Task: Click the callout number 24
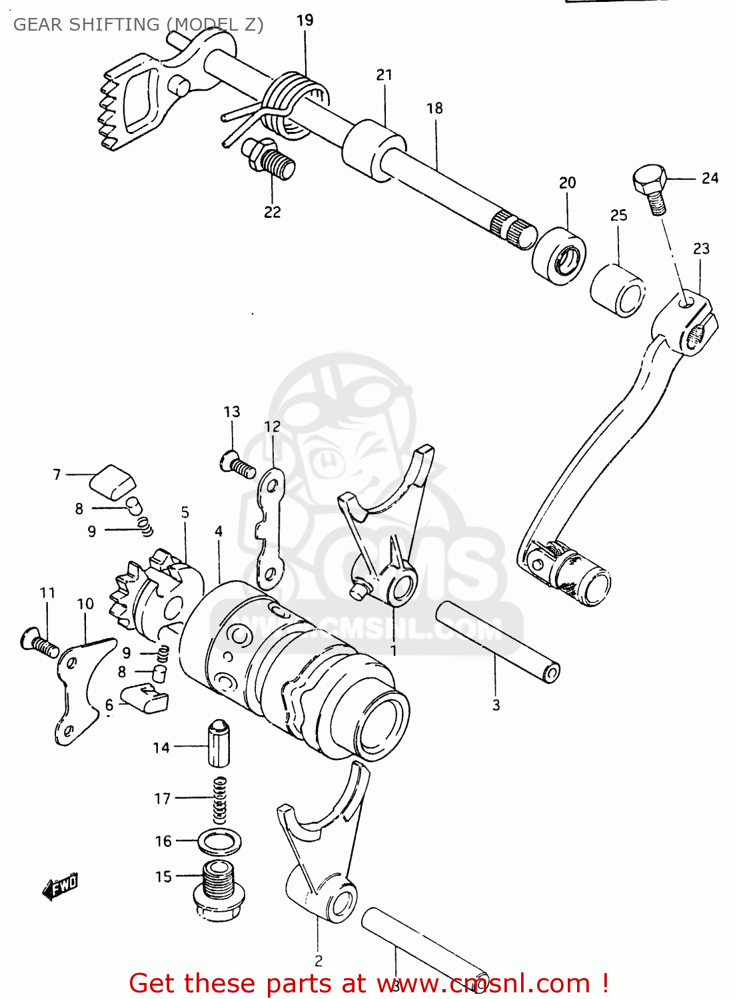(x=710, y=178)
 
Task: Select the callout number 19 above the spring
(x=305, y=21)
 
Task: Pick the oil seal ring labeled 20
(x=560, y=255)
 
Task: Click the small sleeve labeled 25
(x=618, y=290)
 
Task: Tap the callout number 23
(x=701, y=248)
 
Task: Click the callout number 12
(x=272, y=426)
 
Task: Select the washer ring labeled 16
(x=220, y=842)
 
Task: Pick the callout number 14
(x=161, y=748)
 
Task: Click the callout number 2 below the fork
(x=319, y=960)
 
